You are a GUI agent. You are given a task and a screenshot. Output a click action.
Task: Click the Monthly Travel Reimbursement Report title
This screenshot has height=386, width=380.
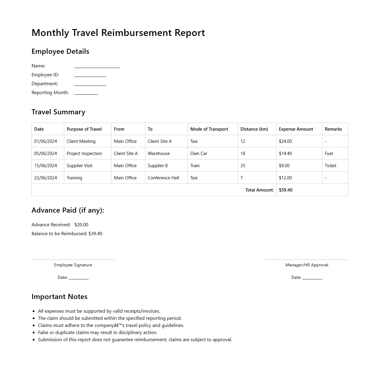click(x=118, y=33)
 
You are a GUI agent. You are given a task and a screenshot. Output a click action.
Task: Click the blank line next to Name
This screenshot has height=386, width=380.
click(x=97, y=66)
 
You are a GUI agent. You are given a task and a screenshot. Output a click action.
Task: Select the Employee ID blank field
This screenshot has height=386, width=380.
click(x=90, y=75)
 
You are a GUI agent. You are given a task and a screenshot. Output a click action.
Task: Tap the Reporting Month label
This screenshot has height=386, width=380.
click(x=50, y=93)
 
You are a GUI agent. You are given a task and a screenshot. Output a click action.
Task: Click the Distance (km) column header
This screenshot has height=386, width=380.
click(x=254, y=129)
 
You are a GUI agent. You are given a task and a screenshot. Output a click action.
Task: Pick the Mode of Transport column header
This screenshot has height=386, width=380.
click(x=209, y=129)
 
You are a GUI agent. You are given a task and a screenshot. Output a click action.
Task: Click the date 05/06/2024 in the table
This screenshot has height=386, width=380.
click(x=45, y=154)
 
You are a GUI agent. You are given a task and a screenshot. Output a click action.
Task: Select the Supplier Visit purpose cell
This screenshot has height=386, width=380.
click(x=79, y=166)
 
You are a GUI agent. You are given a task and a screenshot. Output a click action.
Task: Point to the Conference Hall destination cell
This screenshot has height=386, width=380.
click(x=163, y=178)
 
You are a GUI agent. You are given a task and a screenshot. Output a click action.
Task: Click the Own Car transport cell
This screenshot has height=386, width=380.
click(x=199, y=154)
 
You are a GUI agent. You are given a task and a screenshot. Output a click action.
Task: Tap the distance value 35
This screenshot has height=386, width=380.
click(x=243, y=166)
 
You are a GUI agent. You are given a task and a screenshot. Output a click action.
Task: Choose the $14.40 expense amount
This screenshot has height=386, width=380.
click(x=285, y=154)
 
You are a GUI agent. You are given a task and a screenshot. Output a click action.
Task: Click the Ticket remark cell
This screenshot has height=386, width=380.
click(x=330, y=166)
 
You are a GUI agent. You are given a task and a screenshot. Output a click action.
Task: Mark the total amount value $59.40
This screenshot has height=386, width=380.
click(x=286, y=190)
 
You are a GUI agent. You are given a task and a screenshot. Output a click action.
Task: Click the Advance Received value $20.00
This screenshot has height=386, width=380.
click(x=81, y=225)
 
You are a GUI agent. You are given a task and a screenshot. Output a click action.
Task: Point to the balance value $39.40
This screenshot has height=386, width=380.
click(x=95, y=234)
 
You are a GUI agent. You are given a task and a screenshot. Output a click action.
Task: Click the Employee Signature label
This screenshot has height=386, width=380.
click(x=73, y=265)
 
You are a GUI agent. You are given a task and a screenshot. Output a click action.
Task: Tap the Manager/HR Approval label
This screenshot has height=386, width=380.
click(x=307, y=265)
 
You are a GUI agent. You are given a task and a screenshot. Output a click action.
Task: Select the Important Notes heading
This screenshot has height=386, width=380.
click(x=59, y=297)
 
